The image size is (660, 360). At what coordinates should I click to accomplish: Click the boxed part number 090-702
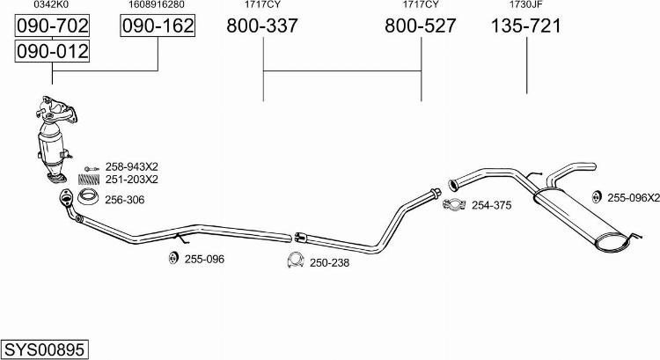52,26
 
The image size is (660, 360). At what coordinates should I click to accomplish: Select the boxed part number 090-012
52,51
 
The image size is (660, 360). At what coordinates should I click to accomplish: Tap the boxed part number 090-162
158,26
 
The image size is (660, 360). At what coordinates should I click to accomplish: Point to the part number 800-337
262,26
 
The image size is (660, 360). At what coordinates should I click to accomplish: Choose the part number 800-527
420,26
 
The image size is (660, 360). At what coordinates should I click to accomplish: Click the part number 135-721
526,26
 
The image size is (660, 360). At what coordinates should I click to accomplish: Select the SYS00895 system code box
45,349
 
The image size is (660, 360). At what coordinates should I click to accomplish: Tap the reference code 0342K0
51,4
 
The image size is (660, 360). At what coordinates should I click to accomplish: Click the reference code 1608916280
157,4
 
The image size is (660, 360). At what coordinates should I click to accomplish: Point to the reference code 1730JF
526,4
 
